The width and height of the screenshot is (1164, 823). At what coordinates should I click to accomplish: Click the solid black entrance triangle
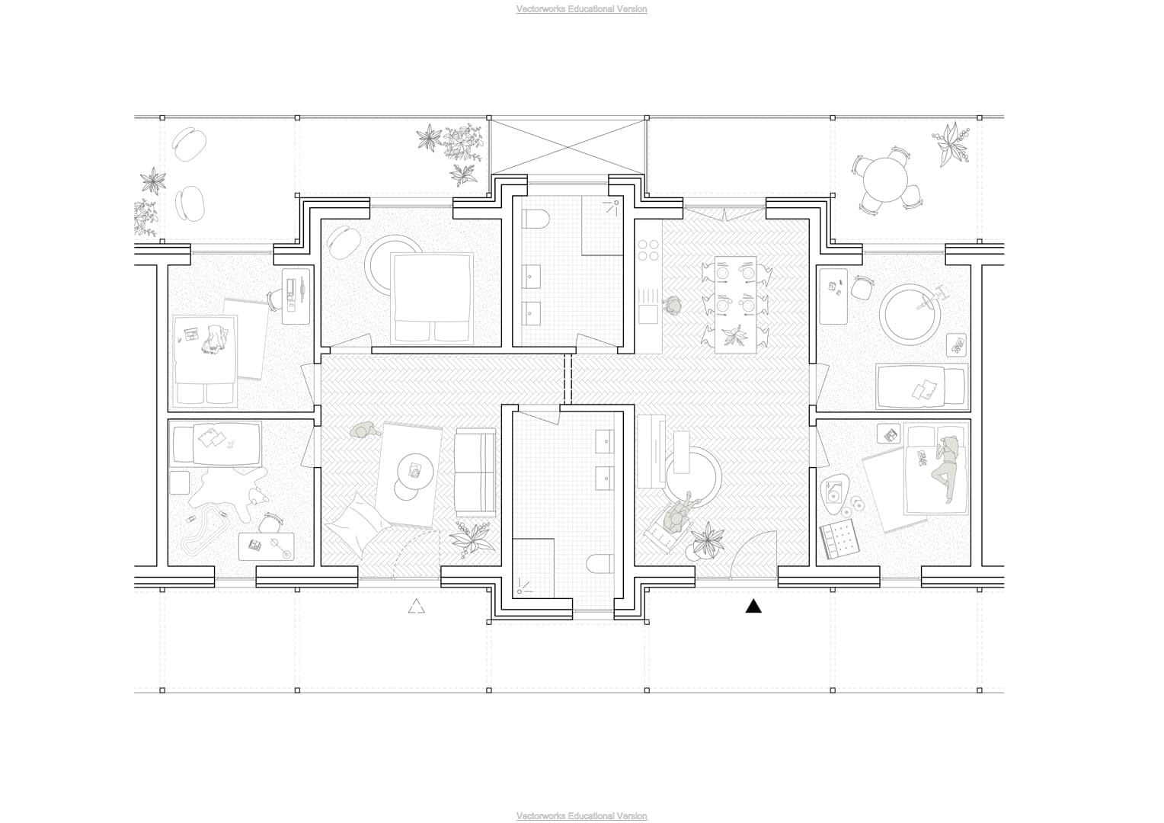tap(753, 607)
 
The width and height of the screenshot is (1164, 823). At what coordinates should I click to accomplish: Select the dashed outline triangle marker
tap(416, 607)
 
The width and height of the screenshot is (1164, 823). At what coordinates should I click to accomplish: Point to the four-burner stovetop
tap(648, 250)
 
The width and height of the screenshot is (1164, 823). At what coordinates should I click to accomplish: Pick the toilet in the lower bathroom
tap(600, 564)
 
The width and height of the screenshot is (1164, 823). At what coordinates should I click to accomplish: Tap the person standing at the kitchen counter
tap(673, 305)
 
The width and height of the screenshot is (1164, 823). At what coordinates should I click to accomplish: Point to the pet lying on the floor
tap(366, 430)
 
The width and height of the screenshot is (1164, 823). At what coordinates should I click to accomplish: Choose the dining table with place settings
tap(735, 304)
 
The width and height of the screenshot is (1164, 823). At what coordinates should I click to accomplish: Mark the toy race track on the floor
tap(205, 530)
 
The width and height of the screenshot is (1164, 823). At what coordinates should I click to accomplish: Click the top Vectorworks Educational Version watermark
tap(581, 9)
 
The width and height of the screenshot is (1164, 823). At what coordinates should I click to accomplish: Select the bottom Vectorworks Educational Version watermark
tap(581, 815)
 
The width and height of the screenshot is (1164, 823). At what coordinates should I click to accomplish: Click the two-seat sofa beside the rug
tap(475, 472)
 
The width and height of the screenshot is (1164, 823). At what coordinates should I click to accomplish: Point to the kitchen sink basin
tap(648, 313)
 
